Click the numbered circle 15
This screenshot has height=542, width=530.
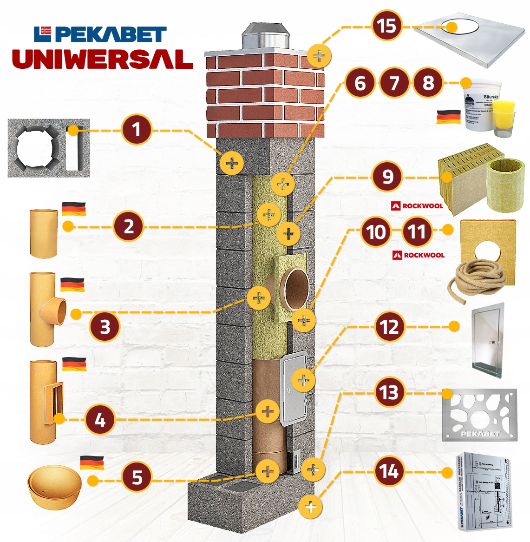coord(387,26)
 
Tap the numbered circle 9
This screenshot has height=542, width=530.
coord(387,177)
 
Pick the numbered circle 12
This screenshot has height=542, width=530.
coord(389,327)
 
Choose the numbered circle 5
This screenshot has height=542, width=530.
coord(137,477)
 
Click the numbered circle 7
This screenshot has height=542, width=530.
coord(394,83)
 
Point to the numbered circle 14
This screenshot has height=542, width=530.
coord(389,471)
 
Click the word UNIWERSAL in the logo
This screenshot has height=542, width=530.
coord(103,59)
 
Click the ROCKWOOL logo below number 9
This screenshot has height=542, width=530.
coord(417,205)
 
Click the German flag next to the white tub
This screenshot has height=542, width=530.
coord(448,117)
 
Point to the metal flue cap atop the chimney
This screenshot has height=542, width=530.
coord(265,36)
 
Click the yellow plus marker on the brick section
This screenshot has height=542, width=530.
coord(319,56)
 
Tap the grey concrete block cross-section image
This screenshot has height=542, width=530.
coord(49,148)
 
